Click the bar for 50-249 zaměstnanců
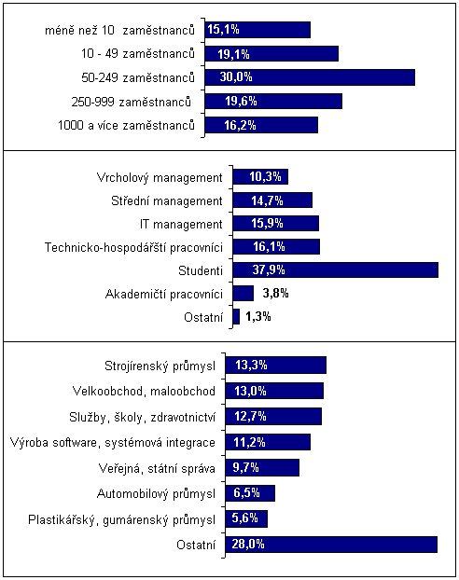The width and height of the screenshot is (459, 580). (x=310, y=77)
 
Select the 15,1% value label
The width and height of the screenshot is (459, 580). (x=223, y=29)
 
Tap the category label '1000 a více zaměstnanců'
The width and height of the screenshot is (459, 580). (x=126, y=125)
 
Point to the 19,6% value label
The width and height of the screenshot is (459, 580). (x=241, y=101)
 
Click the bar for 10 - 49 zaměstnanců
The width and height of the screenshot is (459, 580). (x=271, y=54)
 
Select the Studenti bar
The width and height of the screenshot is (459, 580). (x=335, y=269)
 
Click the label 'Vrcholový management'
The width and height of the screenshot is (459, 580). (x=160, y=178)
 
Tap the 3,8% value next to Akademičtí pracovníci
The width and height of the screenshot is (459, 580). (x=275, y=294)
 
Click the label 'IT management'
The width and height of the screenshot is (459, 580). (x=181, y=224)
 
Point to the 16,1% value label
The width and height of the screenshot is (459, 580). (x=269, y=246)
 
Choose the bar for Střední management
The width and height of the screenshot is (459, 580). (x=272, y=200)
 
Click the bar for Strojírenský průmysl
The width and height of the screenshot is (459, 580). (x=276, y=366)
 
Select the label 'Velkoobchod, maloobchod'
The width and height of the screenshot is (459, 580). (x=144, y=391)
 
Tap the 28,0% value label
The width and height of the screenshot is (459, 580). (x=248, y=545)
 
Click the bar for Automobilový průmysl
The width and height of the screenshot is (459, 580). (x=250, y=493)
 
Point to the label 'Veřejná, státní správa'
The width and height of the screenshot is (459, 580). (x=157, y=469)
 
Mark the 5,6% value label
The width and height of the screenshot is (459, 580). (x=245, y=518)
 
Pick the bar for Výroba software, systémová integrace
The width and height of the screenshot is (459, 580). (x=268, y=442)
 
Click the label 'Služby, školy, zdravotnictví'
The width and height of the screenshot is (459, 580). (x=142, y=417)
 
